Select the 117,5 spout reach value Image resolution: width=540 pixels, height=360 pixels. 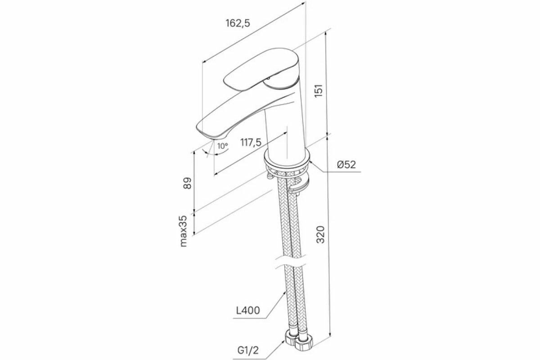251,143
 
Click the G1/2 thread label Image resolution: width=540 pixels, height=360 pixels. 248,349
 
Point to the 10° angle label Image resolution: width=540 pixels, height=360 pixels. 222,146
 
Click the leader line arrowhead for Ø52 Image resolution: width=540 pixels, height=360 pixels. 311,161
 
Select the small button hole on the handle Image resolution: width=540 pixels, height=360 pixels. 269,80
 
